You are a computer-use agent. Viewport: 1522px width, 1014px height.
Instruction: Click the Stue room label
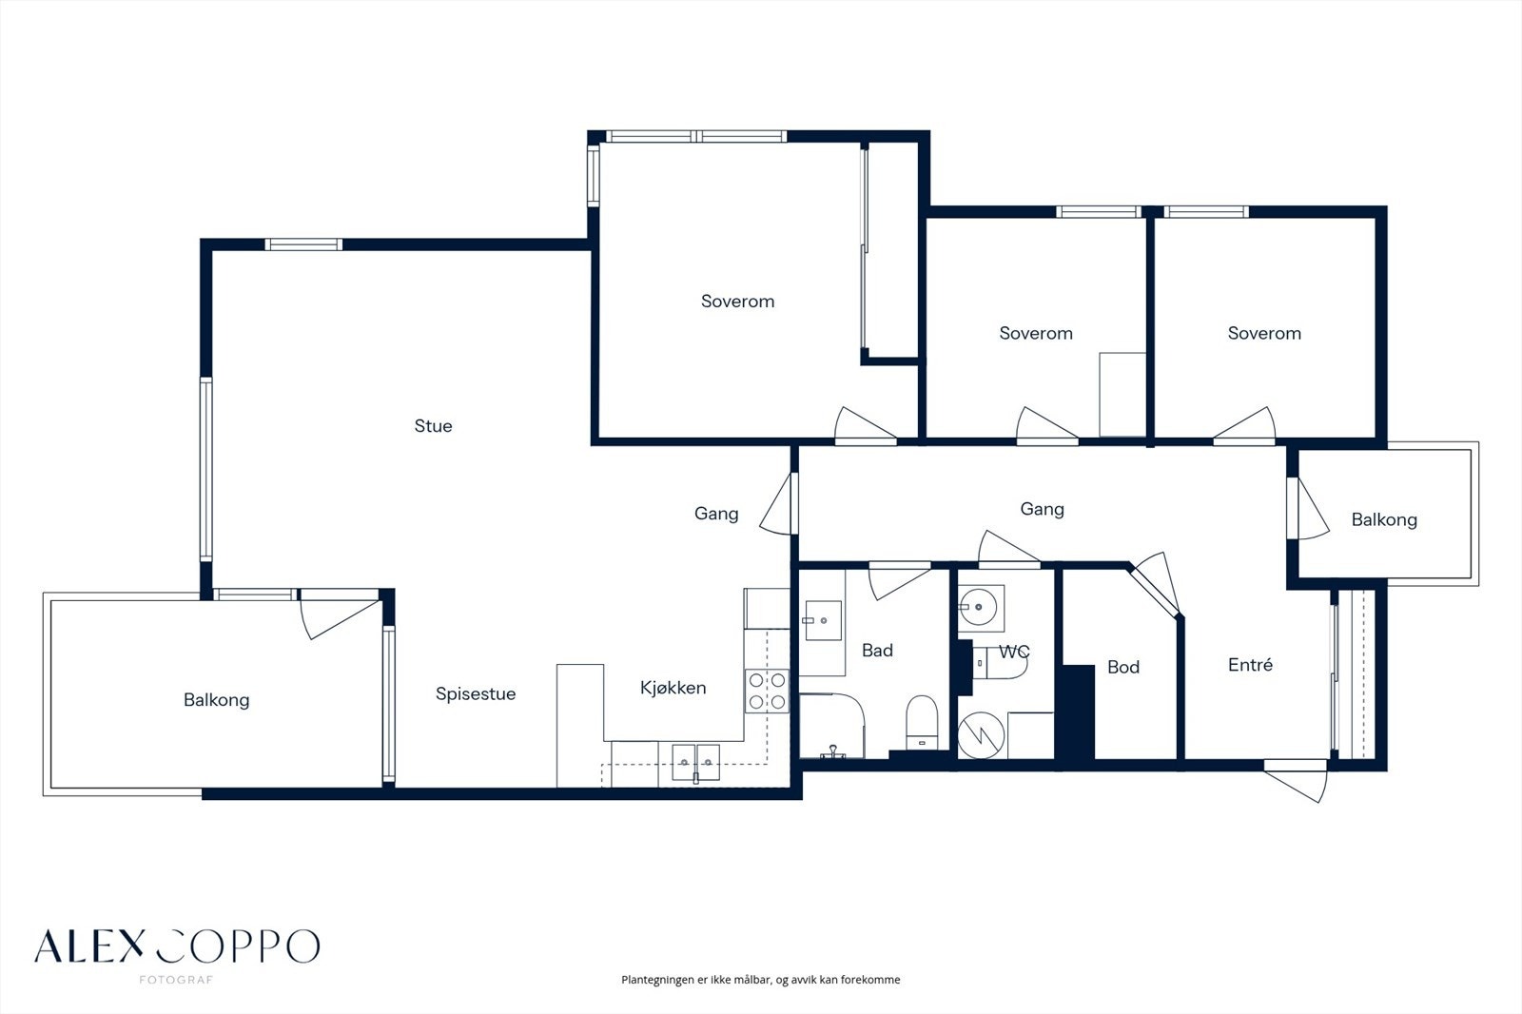click(x=433, y=426)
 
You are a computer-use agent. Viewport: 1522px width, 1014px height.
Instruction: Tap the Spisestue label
click(x=476, y=693)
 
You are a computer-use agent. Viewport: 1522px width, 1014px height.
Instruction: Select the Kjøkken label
click(x=673, y=688)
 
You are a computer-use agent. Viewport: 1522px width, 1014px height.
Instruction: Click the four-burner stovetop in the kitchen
click(x=767, y=692)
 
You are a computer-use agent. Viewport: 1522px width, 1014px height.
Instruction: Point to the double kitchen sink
click(x=695, y=762)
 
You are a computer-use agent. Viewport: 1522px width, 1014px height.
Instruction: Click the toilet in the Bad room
click(x=922, y=722)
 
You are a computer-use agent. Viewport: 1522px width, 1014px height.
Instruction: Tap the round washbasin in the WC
click(x=979, y=606)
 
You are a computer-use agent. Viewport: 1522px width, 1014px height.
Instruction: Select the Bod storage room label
click(x=1123, y=668)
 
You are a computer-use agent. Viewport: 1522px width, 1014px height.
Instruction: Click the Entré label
click(x=1250, y=665)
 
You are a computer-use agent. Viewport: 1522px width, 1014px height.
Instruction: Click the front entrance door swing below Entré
click(x=1296, y=782)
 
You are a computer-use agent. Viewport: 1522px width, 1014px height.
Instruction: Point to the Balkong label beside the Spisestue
click(x=216, y=700)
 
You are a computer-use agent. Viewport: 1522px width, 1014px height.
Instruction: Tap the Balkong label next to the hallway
click(x=1384, y=520)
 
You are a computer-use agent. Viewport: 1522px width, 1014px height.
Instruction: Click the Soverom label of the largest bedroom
click(x=737, y=302)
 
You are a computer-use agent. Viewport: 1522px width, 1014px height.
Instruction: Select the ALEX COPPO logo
click(x=177, y=946)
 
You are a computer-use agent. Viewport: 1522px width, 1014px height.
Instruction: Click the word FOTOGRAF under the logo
click(x=176, y=980)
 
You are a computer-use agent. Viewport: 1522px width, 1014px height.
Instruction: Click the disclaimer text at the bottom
click(x=760, y=980)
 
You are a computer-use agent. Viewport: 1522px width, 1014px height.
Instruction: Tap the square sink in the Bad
click(x=823, y=620)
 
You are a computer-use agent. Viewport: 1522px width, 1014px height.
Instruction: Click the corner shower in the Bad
click(x=831, y=726)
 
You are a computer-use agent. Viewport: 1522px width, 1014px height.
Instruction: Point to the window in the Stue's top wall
click(x=303, y=244)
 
